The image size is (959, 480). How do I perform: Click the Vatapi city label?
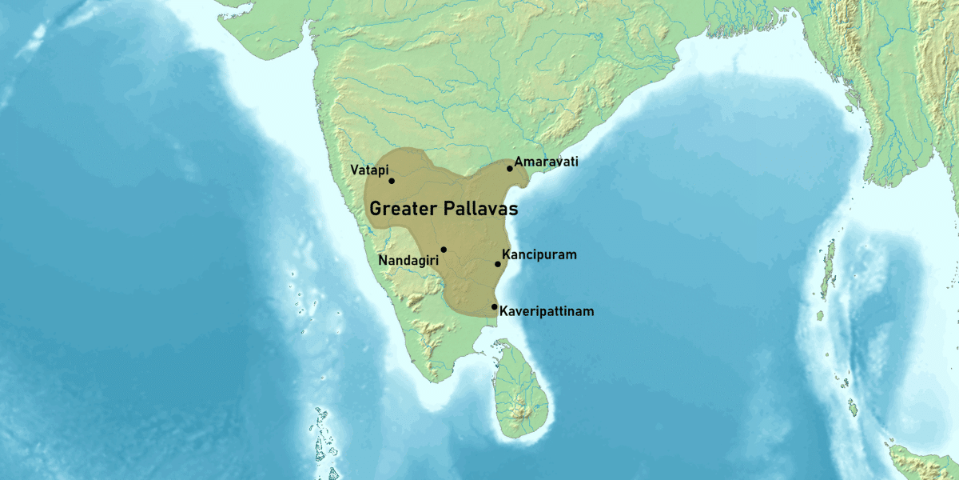369,170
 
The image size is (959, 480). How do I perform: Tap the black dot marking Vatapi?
392,181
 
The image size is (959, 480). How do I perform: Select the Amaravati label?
546,162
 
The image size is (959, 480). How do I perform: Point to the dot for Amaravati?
510,168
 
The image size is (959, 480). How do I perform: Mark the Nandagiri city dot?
444,250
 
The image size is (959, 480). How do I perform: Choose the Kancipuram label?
539,255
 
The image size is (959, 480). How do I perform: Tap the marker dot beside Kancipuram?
497,264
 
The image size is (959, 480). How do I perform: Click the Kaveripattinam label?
547,311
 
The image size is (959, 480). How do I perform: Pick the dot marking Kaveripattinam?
495,306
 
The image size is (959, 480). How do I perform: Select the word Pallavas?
479,210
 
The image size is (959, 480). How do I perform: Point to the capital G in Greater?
376,210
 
